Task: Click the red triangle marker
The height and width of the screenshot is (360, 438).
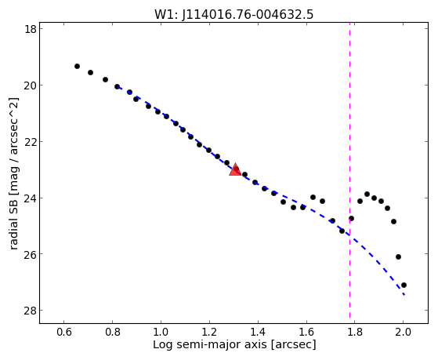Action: point(235,169)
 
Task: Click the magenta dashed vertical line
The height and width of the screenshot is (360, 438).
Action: point(349,173)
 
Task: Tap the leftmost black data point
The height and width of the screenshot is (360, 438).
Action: point(77,67)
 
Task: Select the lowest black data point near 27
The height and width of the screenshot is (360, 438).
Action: point(404,285)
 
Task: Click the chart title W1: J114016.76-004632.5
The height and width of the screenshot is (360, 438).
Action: point(234,14)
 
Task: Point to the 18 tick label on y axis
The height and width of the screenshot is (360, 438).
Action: point(30,29)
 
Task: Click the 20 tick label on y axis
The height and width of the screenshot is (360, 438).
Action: point(30,85)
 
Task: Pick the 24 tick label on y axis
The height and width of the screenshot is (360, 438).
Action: point(30,198)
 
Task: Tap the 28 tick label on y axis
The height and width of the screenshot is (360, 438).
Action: point(30,311)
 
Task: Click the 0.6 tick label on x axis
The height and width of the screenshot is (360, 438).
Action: point(64,332)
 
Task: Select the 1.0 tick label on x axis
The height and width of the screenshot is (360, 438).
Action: point(161,332)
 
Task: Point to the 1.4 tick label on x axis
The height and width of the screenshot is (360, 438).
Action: point(258,332)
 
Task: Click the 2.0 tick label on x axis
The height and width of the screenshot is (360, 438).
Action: point(403,332)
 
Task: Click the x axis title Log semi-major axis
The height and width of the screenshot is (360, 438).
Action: point(210,344)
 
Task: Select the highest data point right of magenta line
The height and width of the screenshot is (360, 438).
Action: point(367,195)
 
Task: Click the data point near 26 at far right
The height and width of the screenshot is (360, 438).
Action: point(398,256)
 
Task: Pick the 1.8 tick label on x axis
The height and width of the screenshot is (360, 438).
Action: point(355,332)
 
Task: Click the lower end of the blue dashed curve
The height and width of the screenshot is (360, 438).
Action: point(404,295)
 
